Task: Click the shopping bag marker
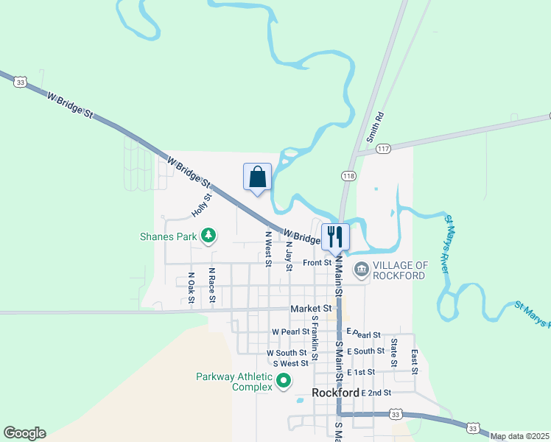click(257, 178)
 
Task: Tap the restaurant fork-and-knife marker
click(335, 236)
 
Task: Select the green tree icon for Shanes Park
click(210, 236)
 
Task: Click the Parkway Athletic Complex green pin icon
click(284, 382)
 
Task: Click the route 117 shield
click(382, 149)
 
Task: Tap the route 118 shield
click(348, 175)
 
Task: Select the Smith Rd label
click(376, 127)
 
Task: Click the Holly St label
click(202, 205)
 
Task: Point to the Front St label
click(317, 262)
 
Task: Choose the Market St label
click(311, 309)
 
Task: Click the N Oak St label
click(191, 287)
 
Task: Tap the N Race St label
click(211, 286)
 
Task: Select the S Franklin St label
click(315, 338)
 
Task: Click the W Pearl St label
click(289, 332)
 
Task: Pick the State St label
click(395, 353)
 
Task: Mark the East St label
click(415, 361)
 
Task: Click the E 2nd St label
click(376, 393)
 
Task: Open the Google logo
click(24, 433)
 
